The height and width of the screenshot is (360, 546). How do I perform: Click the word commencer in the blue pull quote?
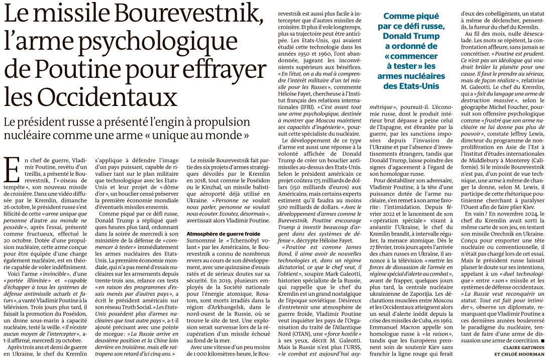coord(408,56)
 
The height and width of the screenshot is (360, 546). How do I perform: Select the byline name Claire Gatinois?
coord(519,347)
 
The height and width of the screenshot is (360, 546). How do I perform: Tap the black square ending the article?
coord(542,340)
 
